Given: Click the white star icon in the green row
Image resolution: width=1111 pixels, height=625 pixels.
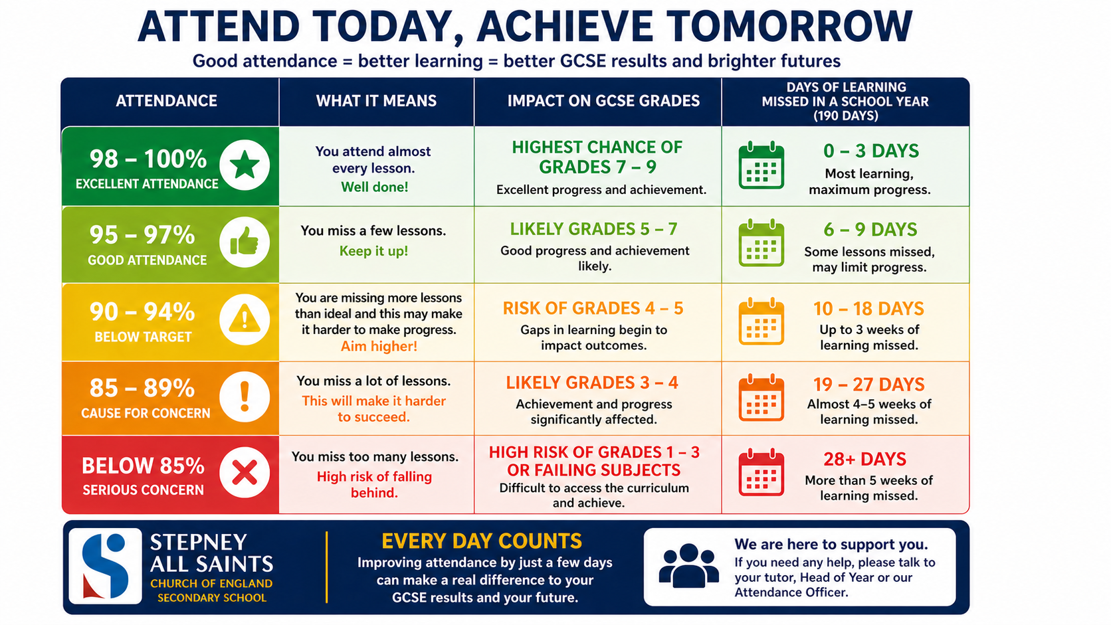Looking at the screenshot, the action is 245,165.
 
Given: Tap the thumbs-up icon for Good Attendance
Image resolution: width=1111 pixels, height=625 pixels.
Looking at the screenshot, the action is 245,243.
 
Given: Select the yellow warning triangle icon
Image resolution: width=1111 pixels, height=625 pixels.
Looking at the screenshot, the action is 245,319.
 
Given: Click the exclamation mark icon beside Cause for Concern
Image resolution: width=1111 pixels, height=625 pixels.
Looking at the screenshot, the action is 245,397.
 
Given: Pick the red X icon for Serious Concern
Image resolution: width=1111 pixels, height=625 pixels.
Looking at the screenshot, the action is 245,472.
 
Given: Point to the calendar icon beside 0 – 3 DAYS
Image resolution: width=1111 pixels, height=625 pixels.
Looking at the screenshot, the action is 761,165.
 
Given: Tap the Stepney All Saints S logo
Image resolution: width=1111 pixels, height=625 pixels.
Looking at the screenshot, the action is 105,566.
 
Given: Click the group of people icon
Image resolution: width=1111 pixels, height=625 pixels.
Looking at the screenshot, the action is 688,565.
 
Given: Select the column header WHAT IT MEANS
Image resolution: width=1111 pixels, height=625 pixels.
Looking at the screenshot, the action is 377,101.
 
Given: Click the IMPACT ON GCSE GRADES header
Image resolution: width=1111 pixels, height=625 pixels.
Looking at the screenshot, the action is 603,101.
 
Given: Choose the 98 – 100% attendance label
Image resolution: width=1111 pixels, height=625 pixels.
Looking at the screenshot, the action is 148,159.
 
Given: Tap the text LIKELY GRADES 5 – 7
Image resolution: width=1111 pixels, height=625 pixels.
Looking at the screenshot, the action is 593,229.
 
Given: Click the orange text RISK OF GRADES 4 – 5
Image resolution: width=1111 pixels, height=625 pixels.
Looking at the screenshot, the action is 593,308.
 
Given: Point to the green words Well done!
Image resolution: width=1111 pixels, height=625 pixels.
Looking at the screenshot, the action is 375,187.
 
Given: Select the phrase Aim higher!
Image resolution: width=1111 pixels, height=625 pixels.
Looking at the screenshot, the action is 379,346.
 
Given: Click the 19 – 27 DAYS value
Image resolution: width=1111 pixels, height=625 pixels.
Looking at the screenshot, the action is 868,384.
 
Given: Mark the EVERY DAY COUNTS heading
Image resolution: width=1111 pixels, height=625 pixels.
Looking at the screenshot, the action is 482,541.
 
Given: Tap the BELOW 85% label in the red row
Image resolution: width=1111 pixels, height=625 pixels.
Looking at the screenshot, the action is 143,466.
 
